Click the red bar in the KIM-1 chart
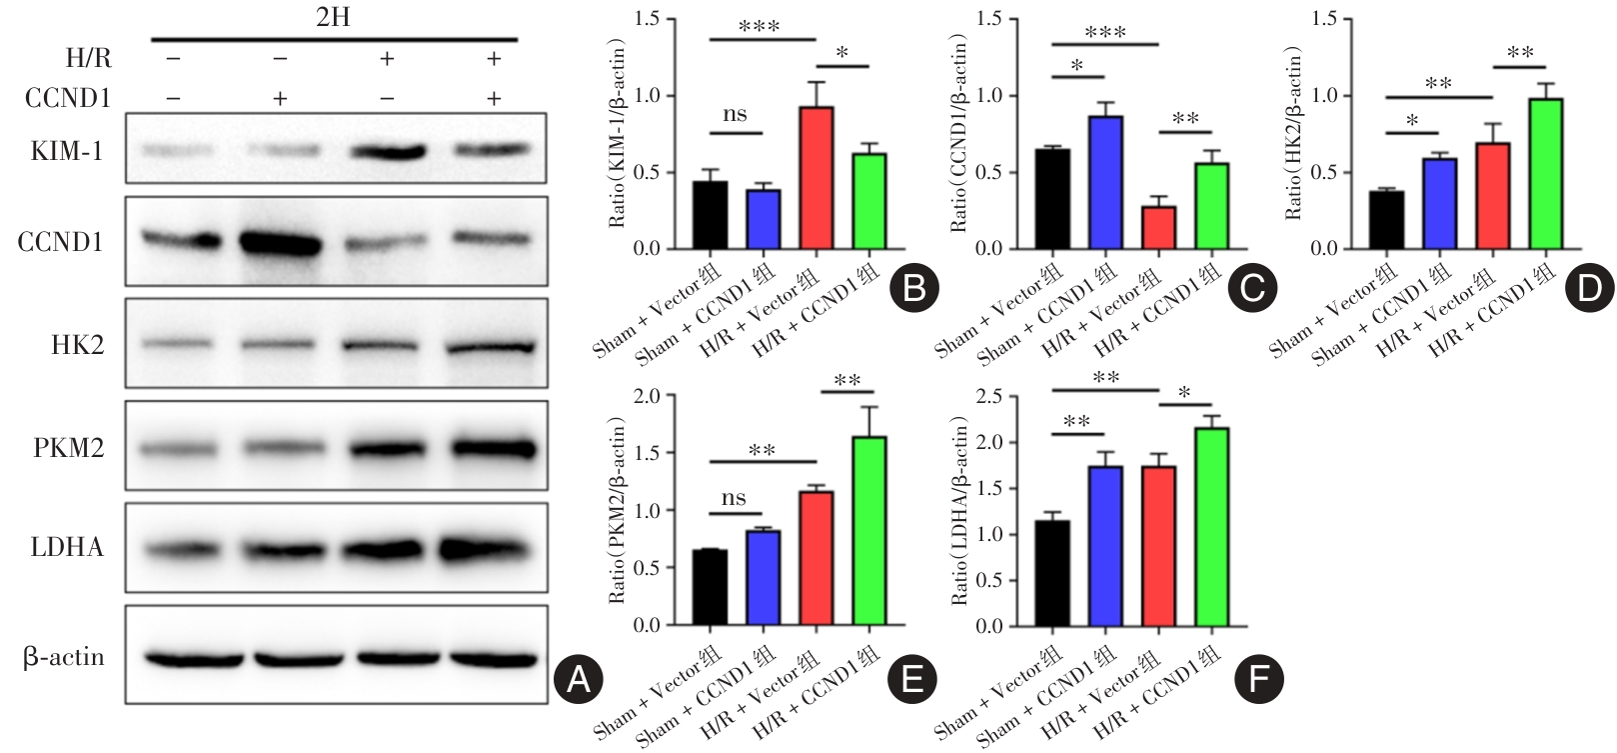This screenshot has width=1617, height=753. pyautogui.click(x=816, y=178)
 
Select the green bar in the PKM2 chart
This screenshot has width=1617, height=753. pyautogui.click(x=869, y=531)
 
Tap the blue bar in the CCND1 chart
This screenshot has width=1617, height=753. pyautogui.click(x=1105, y=183)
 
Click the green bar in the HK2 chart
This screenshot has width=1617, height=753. pyautogui.click(x=1545, y=174)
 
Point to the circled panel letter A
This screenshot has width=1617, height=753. pyautogui.click(x=578, y=680)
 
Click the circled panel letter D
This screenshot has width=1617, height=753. pyautogui.click(x=1588, y=288)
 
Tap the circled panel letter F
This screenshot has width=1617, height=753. pyautogui.click(x=1258, y=680)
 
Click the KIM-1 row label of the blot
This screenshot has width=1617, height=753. pyautogui.click(x=67, y=152)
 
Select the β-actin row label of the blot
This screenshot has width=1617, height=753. pyautogui.click(x=64, y=657)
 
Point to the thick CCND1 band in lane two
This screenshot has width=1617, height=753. pyautogui.click(x=280, y=243)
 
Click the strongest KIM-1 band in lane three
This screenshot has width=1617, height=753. pyautogui.click(x=387, y=153)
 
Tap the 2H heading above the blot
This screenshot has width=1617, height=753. pyautogui.click(x=333, y=18)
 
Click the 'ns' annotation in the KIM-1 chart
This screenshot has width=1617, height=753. pyautogui.click(x=735, y=115)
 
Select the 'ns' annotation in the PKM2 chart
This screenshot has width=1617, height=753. pyautogui.click(x=734, y=498)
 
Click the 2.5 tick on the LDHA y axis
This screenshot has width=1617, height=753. pyautogui.click(x=989, y=397)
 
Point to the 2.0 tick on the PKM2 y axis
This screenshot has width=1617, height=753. pyautogui.click(x=649, y=396)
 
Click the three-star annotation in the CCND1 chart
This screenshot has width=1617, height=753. pyautogui.click(x=1104, y=33)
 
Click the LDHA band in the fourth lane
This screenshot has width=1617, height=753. pyautogui.click(x=492, y=549)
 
